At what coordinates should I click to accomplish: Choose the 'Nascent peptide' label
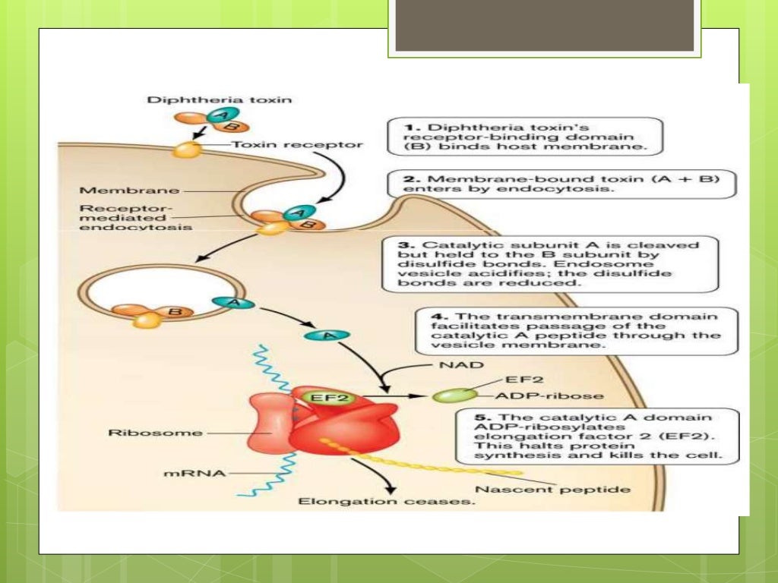[553, 490]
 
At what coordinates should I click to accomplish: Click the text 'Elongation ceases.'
[387, 503]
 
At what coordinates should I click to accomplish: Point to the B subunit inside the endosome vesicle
[176, 310]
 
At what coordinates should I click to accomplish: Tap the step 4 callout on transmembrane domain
[576, 329]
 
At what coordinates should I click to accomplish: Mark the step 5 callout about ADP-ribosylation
[587, 436]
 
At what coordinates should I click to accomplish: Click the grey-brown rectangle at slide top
[545, 25]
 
